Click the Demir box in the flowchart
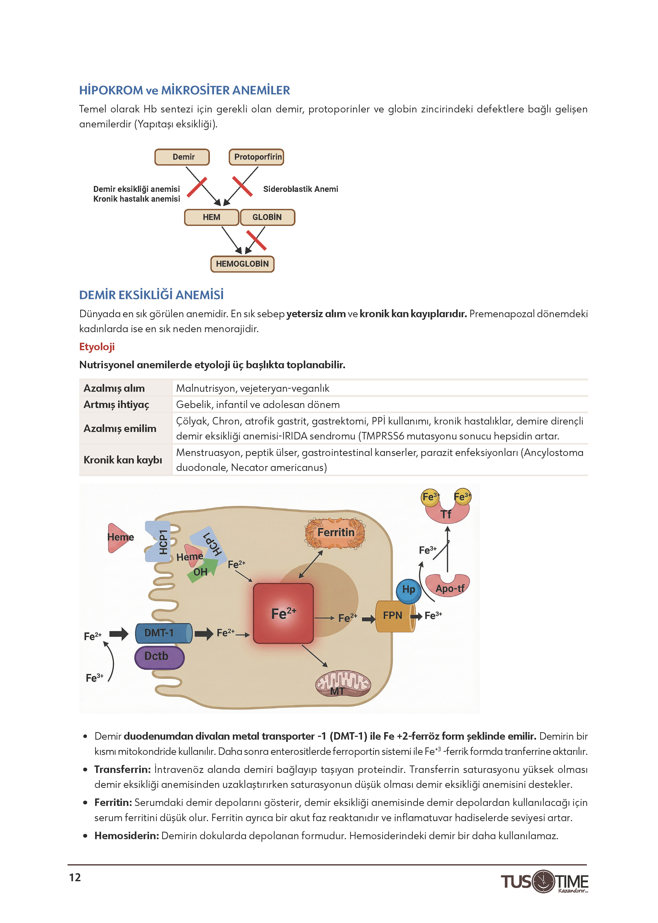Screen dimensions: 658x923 click(x=182, y=157)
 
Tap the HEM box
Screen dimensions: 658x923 click(x=211, y=217)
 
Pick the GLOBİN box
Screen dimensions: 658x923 click(x=267, y=217)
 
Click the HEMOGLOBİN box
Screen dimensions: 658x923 click(x=242, y=264)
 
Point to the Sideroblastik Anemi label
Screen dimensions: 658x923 click(x=301, y=189)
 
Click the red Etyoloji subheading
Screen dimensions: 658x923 click(x=97, y=347)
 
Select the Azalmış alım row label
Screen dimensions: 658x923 click(x=114, y=388)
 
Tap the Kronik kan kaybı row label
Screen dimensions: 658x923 click(x=123, y=460)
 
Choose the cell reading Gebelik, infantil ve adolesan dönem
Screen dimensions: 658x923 click(x=258, y=404)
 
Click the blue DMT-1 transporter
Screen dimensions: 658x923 click(x=164, y=633)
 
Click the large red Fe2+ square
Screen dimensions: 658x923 click(x=283, y=613)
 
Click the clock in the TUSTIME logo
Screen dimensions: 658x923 click(x=543, y=881)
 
